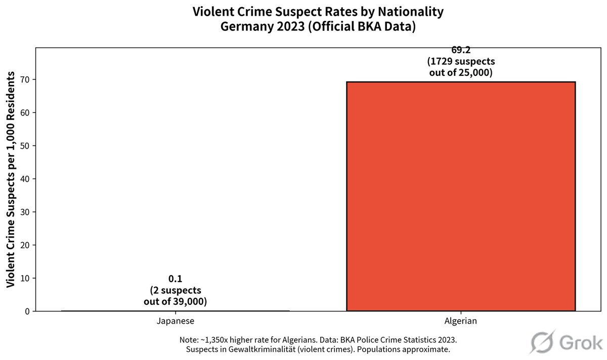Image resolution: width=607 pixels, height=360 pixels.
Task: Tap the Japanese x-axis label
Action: [175, 321]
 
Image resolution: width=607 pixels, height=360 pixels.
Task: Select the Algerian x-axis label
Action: [460, 321]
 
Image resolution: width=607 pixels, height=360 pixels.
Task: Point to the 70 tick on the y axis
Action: [25, 79]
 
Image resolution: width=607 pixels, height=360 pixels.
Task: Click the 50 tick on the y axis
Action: [25, 146]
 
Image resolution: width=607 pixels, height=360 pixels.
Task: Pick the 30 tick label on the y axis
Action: [25, 212]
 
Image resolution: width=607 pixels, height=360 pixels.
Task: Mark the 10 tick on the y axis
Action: [25, 278]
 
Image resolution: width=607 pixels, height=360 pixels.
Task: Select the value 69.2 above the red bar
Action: [460, 50]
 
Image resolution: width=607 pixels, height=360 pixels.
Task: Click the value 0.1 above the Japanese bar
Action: [175, 279]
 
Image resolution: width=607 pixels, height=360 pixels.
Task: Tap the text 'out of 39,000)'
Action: [175, 302]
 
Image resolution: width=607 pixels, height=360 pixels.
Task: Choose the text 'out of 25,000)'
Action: [460, 73]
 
